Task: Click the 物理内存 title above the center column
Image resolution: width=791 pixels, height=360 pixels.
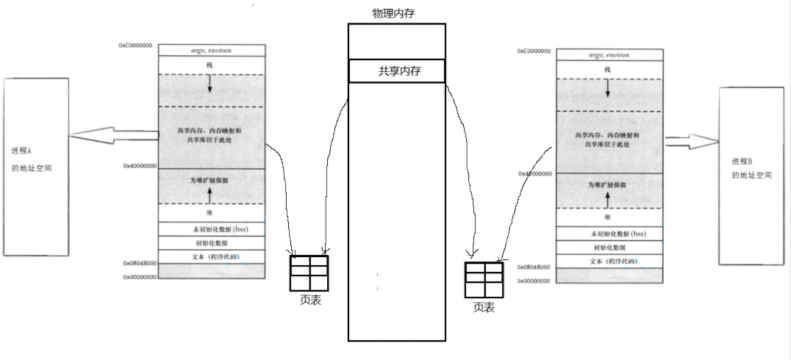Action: pos(395,13)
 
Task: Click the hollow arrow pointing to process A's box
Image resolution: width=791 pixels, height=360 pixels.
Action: pos(114,135)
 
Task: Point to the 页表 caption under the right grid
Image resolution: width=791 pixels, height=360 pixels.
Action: pos(484,307)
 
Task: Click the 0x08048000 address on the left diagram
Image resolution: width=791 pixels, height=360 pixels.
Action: pos(140,263)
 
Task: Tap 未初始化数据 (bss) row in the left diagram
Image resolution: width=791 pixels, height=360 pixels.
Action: pos(210,229)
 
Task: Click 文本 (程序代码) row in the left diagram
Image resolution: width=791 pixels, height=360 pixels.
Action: pos(210,256)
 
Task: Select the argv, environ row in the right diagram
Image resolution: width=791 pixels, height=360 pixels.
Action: pos(606,55)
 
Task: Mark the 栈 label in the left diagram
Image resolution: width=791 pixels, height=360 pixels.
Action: pos(210,65)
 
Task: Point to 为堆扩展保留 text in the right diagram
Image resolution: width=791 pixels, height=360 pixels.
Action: pos(607,184)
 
